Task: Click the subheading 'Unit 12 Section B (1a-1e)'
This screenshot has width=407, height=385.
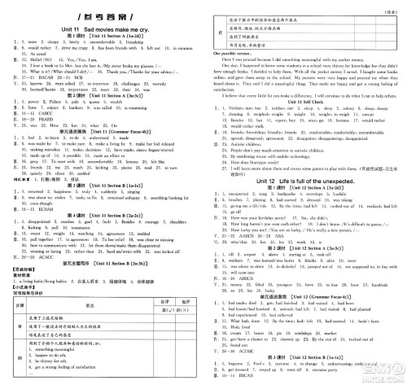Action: point(309,355)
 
